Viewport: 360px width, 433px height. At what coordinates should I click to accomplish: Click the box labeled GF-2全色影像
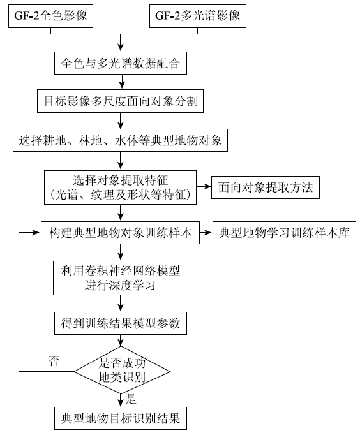pyautogui.click(x=50, y=16)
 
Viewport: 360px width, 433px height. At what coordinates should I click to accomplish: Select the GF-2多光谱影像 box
pyautogui.click(x=198, y=16)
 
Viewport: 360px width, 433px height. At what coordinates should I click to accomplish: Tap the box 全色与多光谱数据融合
pyautogui.click(x=121, y=63)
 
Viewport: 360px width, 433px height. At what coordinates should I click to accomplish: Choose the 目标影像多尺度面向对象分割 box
pyautogui.click(x=120, y=101)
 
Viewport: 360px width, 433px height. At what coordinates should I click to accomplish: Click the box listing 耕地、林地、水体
pyautogui.click(x=120, y=140)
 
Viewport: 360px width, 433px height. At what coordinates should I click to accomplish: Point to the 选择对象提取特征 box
pyautogui.click(x=120, y=187)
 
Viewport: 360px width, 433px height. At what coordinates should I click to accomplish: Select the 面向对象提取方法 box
pyautogui.click(x=266, y=187)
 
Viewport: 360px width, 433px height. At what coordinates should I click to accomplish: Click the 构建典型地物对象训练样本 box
pyautogui.click(x=120, y=233)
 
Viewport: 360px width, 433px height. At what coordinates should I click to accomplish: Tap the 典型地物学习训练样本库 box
pyautogui.click(x=284, y=233)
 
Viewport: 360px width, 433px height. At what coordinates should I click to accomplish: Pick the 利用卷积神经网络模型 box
pyautogui.click(x=121, y=278)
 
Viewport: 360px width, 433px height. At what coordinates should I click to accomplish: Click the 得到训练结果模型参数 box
pyautogui.click(x=121, y=323)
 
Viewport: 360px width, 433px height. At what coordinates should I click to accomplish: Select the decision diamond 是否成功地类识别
pyautogui.click(x=122, y=371)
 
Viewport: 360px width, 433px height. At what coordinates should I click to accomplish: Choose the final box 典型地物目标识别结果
pyautogui.click(x=121, y=418)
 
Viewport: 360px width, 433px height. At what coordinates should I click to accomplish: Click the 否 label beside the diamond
pyautogui.click(x=54, y=361)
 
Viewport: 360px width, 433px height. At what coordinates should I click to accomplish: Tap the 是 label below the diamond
pyautogui.click(x=131, y=399)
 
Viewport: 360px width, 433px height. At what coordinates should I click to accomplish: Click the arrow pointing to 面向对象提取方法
pyautogui.click(x=204, y=187)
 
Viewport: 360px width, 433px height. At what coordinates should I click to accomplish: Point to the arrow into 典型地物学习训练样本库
pyautogui.click(x=206, y=233)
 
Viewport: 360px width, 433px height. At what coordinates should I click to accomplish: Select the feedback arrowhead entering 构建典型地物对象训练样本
pyautogui.click(x=36, y=233)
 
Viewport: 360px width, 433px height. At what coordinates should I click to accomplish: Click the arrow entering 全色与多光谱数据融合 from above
pyautogui.click(x=120, y=43)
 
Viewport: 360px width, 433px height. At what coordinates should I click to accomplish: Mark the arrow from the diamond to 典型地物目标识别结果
pyautogui.click(x=120, y=400)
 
